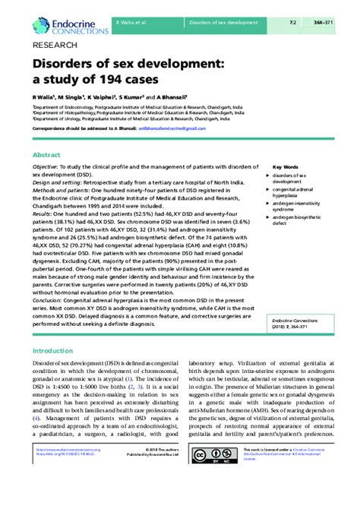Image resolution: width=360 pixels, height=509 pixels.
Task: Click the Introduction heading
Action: click(x=57, y=351)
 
